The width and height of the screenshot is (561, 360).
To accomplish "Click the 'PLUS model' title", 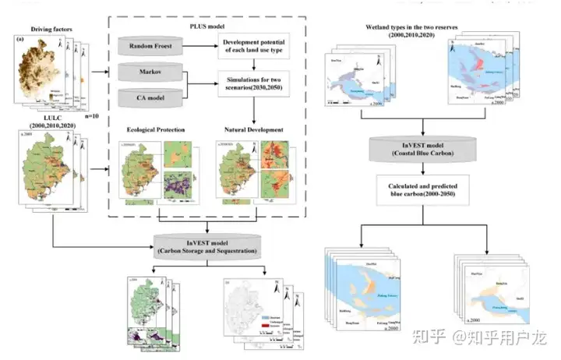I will [x=206, y=24].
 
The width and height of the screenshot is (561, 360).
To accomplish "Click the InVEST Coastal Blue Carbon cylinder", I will [x=422, y=146].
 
